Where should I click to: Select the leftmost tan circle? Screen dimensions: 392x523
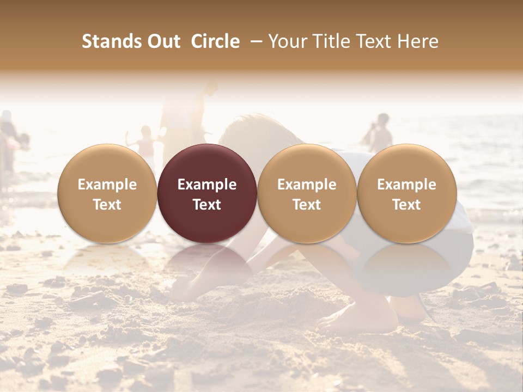point(107,193)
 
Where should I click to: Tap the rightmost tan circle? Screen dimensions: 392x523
point(406,193)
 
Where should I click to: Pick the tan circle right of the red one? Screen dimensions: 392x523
point(307,193)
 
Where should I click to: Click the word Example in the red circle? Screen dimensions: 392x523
point(207,185)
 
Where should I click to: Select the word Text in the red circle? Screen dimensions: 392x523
point(207,205)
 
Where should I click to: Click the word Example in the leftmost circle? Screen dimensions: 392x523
point(107,185)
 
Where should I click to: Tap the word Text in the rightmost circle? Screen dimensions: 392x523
point(406,205)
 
